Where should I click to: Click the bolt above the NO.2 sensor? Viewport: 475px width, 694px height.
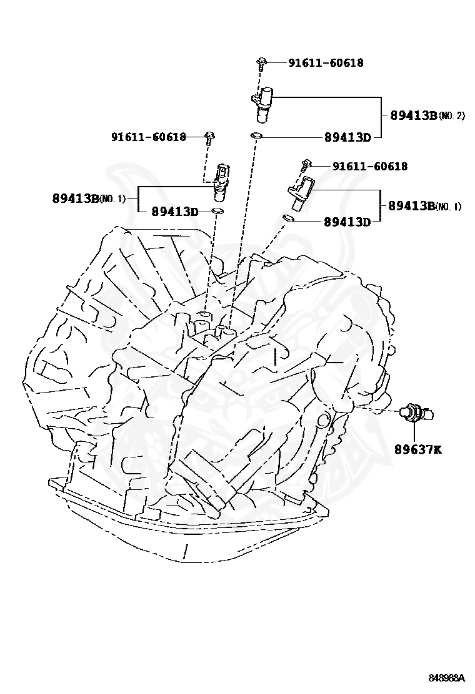point(262,62)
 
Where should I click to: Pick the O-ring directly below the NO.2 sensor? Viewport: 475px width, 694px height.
point(256,135)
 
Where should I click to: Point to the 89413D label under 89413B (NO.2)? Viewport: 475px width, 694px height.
point(347,137)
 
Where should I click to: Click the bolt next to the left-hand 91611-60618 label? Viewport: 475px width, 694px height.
point(209,137)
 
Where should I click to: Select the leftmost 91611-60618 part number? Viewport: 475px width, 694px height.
point(149,137)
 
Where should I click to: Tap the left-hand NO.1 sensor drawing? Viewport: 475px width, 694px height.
point(221,180)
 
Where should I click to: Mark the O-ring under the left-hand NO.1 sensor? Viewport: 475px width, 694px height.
point(216,212)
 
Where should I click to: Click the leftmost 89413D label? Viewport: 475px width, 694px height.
point(174,212)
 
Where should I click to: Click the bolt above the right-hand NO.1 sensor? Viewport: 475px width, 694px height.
point(304,165)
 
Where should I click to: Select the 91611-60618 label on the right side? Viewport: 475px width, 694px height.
point(369,167)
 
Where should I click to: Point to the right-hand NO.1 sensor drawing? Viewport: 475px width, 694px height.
point(301,194)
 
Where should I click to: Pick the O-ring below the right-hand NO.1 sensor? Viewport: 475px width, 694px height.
point(288,218)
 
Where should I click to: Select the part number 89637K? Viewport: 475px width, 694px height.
point(417,449)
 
